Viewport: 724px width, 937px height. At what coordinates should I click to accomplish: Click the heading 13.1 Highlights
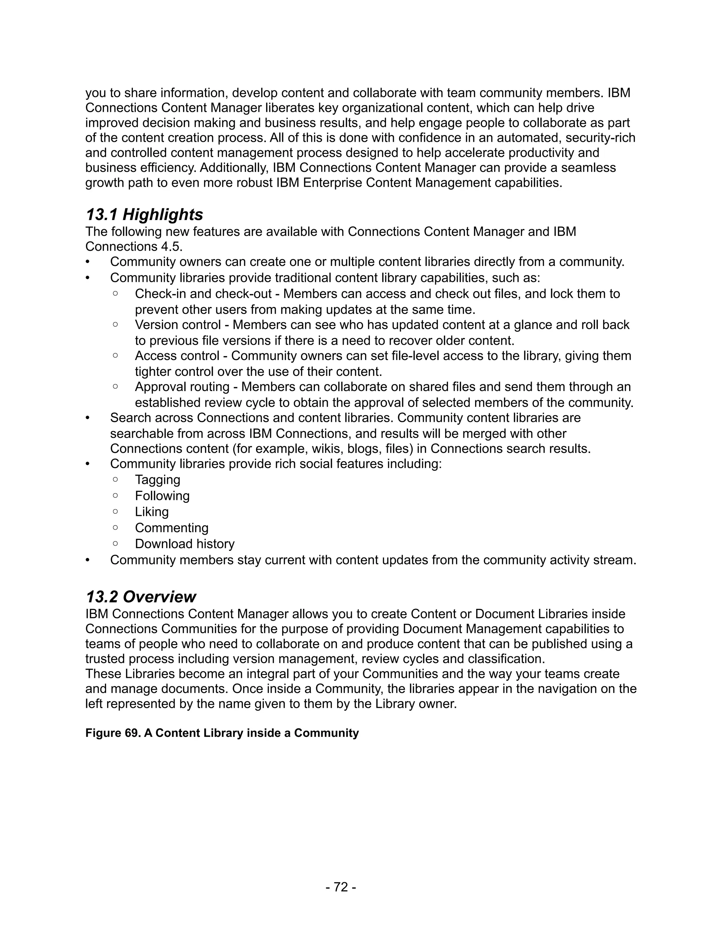coord(144,215)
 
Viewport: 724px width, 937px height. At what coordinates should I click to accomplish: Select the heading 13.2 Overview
coord(141,597)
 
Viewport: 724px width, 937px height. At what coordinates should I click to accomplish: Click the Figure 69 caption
coord(222,733)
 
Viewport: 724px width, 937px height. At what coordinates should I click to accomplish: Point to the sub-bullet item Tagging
coord(157,480)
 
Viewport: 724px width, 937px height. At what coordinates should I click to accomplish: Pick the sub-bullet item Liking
coord(152,512)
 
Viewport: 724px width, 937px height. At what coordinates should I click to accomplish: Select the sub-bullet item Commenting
coord(171,528)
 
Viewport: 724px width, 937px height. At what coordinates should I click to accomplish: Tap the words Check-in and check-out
coord(203,294)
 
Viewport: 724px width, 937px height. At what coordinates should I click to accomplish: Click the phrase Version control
coord(177,325)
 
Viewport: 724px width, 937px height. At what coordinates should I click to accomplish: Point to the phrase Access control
coord(177,356)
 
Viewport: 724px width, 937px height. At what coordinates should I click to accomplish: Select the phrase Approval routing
coord(182,387)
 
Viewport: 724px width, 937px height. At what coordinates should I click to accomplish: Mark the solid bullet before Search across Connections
coord(88,418)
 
